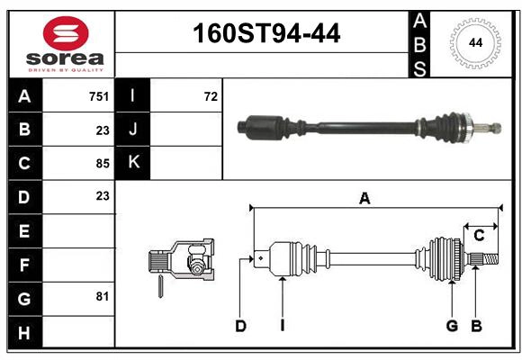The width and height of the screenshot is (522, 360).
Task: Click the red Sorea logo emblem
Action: click(x=66, y=33)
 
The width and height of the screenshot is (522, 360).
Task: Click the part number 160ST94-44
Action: click(x=266, y=33)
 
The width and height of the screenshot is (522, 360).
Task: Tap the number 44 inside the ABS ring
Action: click(x=475, y=43)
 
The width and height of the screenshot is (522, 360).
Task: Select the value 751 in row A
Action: click(x=99, y=96)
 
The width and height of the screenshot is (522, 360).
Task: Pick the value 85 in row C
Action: click(x=103, y=164)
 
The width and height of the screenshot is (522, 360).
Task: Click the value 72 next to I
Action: click(x=211, y=96)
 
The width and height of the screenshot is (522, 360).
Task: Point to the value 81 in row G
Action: click(x=103, y=296)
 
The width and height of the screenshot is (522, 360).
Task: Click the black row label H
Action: click(x=25, y=332)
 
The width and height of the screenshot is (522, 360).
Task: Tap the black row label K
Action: click(x=132, y=163)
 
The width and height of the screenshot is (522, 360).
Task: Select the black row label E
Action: click(x=25, y=230)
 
